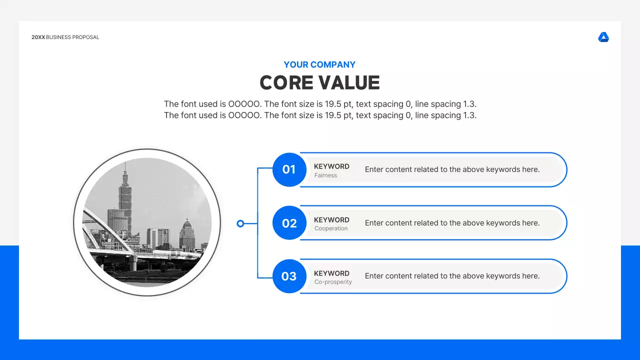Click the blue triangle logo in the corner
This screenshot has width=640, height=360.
point(603,37)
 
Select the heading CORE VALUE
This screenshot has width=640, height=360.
point(320,83)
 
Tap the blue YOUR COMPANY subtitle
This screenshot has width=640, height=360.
point(319,64)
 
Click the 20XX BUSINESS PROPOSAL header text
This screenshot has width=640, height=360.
point(65,37)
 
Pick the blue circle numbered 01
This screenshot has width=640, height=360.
point(289,169)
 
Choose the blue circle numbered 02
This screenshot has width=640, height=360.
point(289,223)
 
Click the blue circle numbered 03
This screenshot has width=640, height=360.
point(289,276)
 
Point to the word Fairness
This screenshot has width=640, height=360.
point(325,175)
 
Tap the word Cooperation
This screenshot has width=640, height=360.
point(331,228)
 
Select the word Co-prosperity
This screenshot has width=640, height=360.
point(333,282)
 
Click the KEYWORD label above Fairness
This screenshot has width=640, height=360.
point(331,166)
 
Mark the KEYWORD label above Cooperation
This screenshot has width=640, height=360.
point(331,220)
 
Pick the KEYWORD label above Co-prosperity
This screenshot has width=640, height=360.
point(331,273)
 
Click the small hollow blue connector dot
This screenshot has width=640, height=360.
point(240,223)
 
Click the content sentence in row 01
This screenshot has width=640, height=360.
point(452,169)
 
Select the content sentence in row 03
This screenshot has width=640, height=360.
point(452,276)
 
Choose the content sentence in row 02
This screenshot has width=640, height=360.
point(452,223)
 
